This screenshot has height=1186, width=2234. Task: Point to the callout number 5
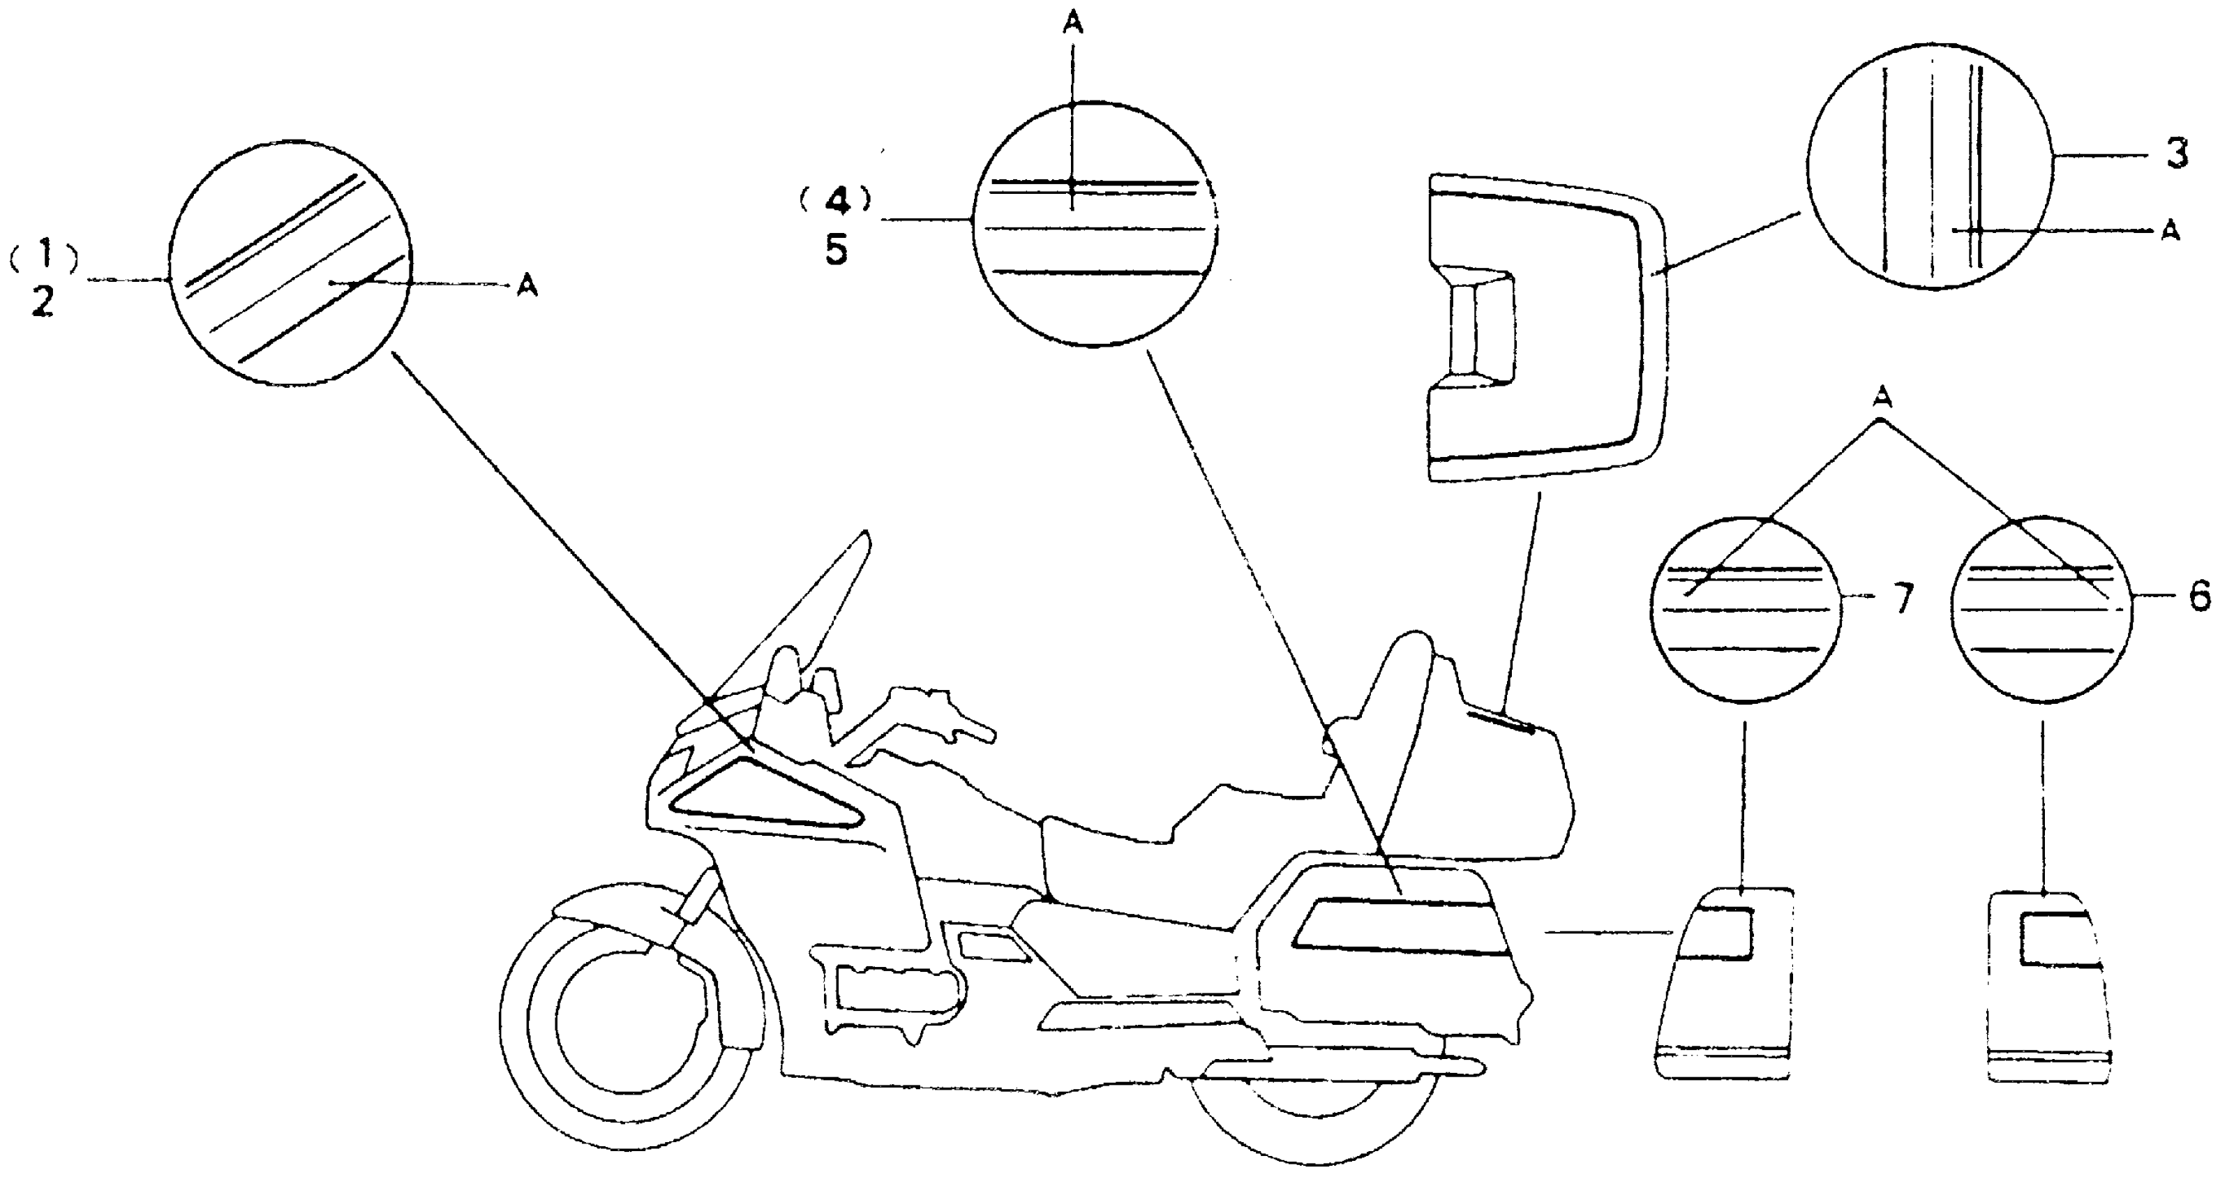[836, 250]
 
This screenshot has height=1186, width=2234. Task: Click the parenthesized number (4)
[835, 201]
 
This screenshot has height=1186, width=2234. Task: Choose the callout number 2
[43, 301]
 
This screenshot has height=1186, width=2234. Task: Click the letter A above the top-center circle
[1073, 24]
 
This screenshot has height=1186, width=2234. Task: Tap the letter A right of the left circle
[527, 285]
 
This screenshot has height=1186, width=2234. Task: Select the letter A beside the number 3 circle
[2170, 232]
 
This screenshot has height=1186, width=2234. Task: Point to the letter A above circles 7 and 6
[1881, 397]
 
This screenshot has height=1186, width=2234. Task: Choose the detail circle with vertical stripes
[1931, 167]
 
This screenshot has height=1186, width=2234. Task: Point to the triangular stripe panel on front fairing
[763, 797]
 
